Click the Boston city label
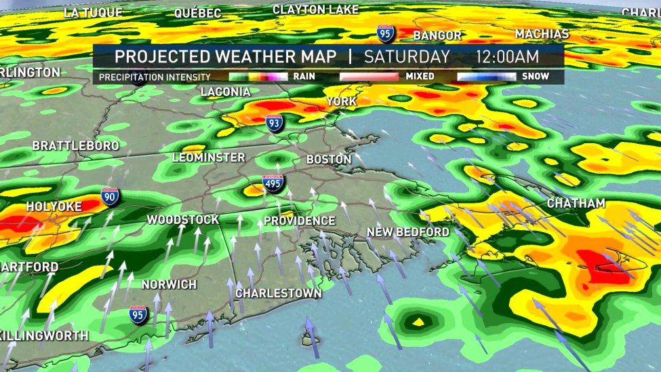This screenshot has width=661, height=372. pyautogui.click(x=329, y=160)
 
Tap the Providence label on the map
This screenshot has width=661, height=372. pyautogui.click(x=299, y=221)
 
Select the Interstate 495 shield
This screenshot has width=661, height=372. pyautogui.click(x=273, y=184)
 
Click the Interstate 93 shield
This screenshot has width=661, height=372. pyautogui.click(x=274, y=124)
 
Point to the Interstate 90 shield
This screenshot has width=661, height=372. pyautogui.click(x=108, y=197)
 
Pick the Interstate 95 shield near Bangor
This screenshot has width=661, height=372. pyautogui.click(x=385, y=33)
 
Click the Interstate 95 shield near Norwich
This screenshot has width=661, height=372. pyautogui.click(x=138, y=314)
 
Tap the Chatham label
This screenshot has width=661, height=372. pyautogui.click(x=576, y=204)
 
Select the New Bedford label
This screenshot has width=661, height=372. pyautogui.click(x=407, y=232)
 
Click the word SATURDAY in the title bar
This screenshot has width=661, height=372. pyautogui.click(x=407, y=56)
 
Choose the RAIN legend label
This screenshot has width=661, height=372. pyautogui.click(x=303, y=77)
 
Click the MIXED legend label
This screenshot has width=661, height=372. pyautogui.click(x=420, y=77)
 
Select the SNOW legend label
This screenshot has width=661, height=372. pyautogui.click(x=535, y=77)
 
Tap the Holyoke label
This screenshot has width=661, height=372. pyautogui.click(x=54, y=206)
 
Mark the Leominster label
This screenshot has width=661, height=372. pyautogui.click(x=208, y=157)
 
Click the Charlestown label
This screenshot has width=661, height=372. pyautogui.click(x=278, y=293)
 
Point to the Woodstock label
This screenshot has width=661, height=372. pyautogui.click(x=183, y=220)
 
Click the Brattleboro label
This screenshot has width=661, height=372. pyautogui.click(x=75, y=146)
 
